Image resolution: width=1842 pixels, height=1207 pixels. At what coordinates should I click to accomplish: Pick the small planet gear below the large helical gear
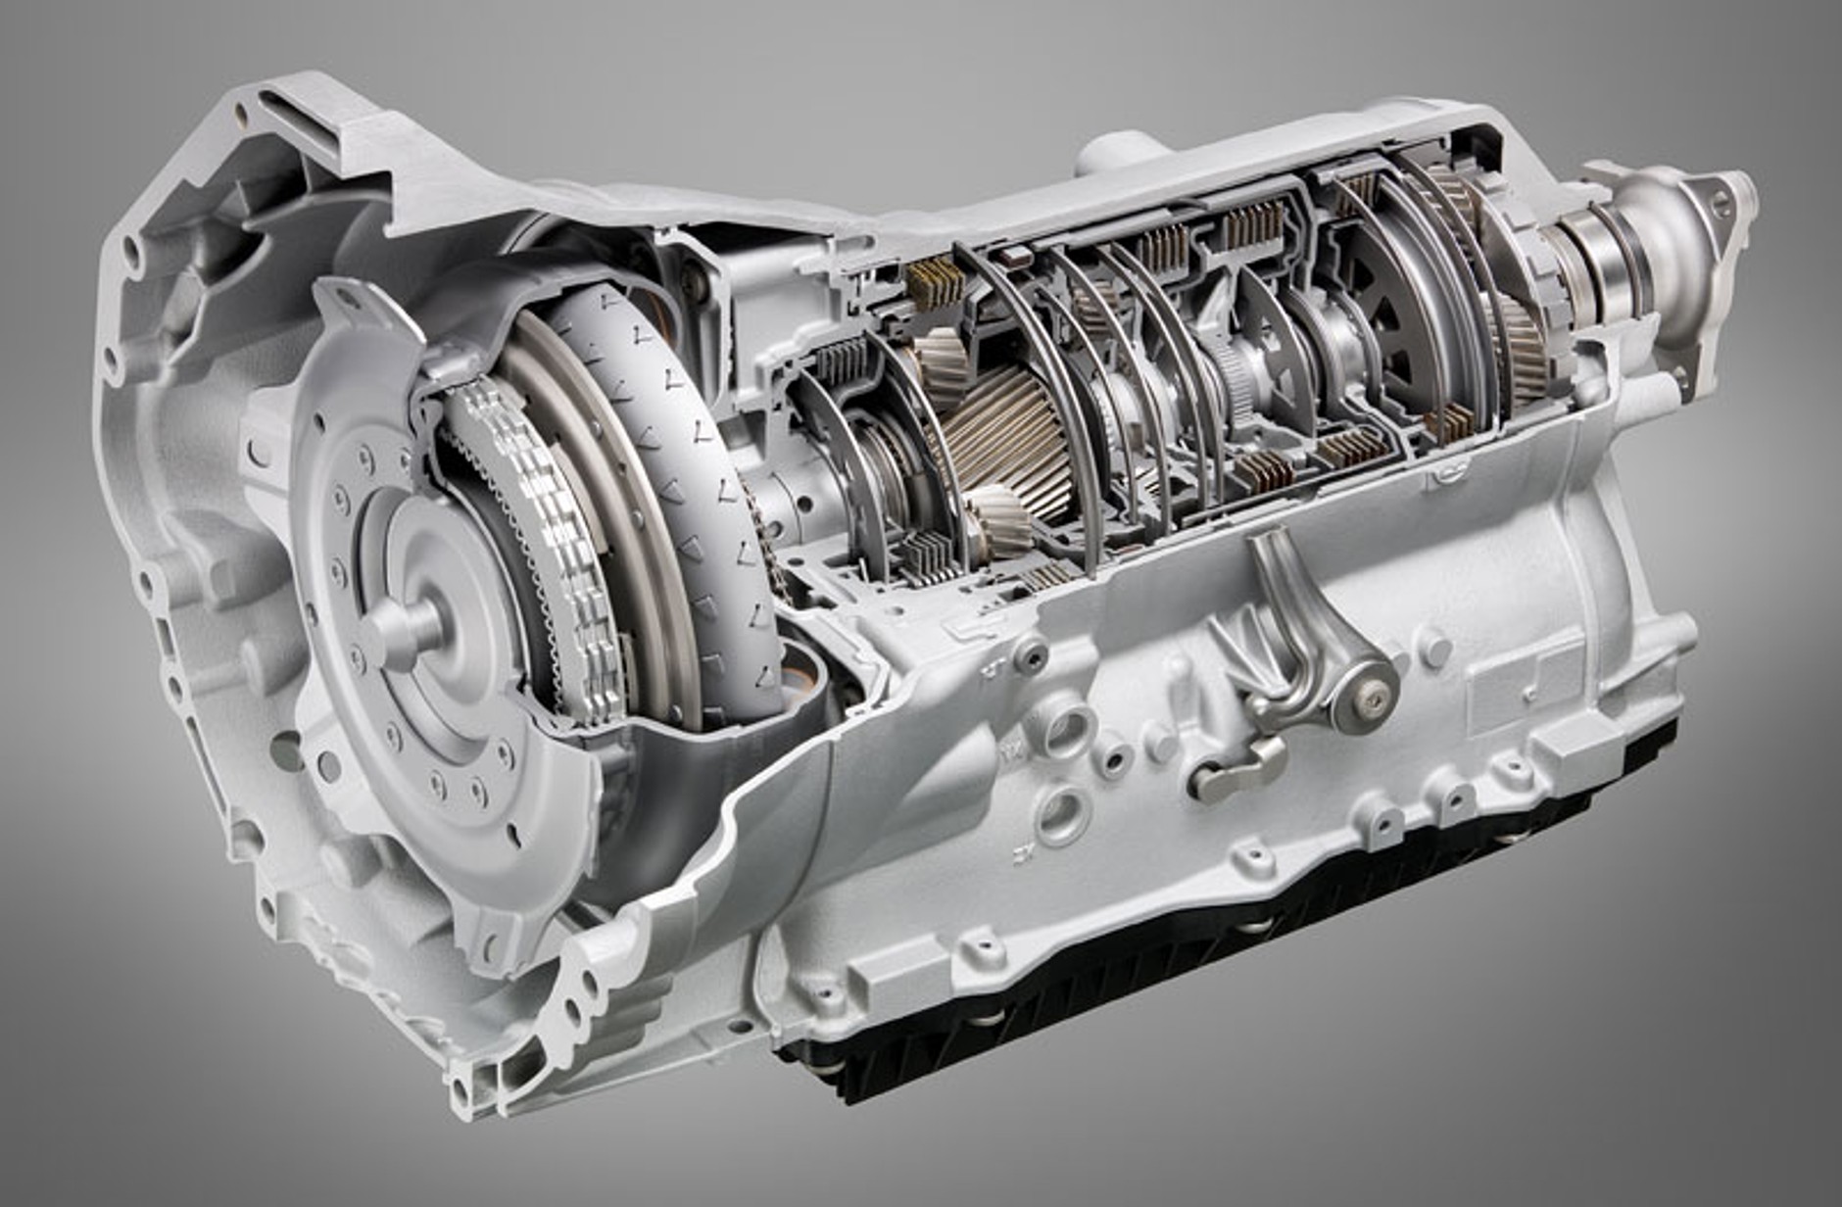[999, 524]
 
